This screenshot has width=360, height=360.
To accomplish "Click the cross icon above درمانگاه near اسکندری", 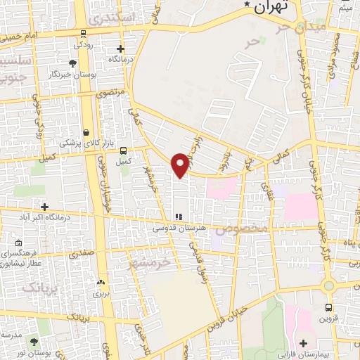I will [120, 49].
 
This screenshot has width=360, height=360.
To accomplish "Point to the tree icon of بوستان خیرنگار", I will [73, 64].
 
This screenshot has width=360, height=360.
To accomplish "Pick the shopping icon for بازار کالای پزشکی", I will [86, 132].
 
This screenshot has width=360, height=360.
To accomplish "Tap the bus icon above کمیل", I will [124, 150].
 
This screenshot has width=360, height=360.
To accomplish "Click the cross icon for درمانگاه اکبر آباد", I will [45, 207].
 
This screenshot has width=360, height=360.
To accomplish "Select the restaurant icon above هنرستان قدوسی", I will [178, 217].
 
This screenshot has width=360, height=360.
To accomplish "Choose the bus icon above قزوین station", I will [329, 307].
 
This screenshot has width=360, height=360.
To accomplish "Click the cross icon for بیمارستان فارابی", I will [303, 342].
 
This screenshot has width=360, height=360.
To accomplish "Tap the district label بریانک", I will [40, 288].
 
